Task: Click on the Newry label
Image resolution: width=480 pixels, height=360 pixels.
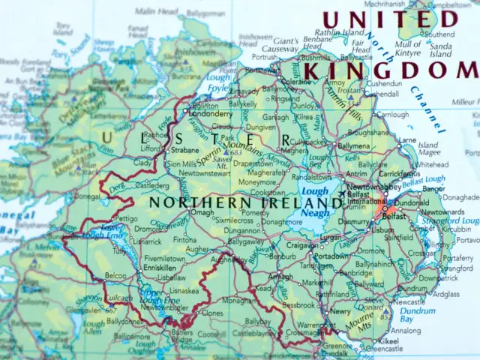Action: point(340,310)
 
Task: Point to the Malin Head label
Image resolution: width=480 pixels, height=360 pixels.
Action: point(157,12)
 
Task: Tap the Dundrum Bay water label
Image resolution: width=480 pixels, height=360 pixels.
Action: point(417,313)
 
